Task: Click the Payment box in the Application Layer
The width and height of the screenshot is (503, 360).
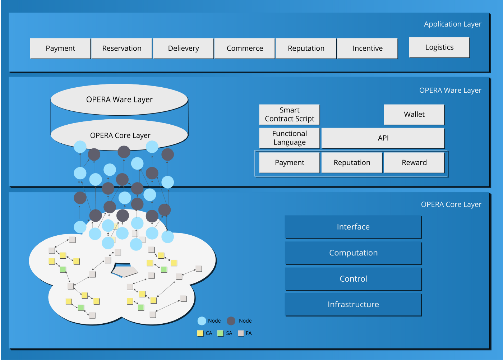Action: pyautogui.click(x=60, y=48)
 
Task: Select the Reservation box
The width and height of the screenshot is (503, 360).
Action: pyautogui.click(x=122, y=48)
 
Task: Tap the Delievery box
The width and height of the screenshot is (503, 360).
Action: pyautogui.click(x=183, y=48)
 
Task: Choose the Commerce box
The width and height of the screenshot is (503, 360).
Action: pyautogui.click(x=245, y=48)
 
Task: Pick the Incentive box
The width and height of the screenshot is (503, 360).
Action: pyautogui.click(x=368, y=48)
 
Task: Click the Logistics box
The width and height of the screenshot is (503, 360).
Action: pyautogui.click(x=439, y=47)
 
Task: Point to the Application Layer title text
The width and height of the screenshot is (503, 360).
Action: pyautogui.click(x=452, y=24)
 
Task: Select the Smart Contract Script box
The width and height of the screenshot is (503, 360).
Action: pyautogui.click(x=290, y=114)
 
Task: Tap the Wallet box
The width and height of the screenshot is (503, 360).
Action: pyautogui.click(x=414, y=114)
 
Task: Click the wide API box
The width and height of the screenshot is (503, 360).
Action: pyautogui.click(x=383, y=138)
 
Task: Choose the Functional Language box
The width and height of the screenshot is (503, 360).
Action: pyautogui.click(x=290, y=138)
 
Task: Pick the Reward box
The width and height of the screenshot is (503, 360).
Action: pyautogui.click(x=414, y=162)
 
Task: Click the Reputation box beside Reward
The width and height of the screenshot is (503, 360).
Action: pyautogui.click(x=352, y=162)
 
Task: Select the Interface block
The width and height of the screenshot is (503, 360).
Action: pyautogui.click(x=353, y=227)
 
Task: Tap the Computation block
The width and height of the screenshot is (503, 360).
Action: pyautogui.click(x=353, y=253)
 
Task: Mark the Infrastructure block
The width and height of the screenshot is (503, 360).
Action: pyautogui.click(x=353, y=304)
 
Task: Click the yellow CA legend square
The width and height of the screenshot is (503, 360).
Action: pyautogui.click(x=200, y=333)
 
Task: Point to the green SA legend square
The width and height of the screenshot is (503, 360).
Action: pyautogui.click(x=221, y=333)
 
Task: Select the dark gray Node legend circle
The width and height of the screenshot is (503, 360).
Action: pyautogui.click(x=231, y=321)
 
